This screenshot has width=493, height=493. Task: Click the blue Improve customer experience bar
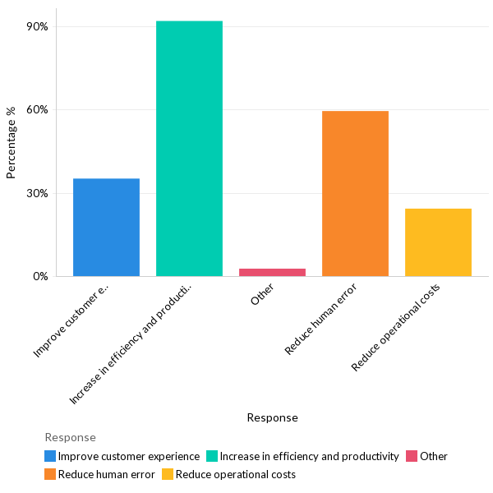(x=106, y=227)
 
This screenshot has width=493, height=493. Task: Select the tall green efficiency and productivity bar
(x=189, y=148)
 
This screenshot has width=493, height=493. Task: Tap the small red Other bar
(x=272, y=272)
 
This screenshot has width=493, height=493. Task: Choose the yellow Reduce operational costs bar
(x=438, y=242)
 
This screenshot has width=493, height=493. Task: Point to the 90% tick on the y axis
(x=38, y=26)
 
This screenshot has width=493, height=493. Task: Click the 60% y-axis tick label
(x=38, y=110)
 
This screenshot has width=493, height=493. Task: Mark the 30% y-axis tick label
(x=38, y=194)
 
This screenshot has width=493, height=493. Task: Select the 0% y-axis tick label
(x=40, y=277)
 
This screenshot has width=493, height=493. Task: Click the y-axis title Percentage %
(x=12, y=148)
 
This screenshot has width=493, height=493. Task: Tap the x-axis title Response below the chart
(x=272, y=417)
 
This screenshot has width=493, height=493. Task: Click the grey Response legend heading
(x=70, y=437)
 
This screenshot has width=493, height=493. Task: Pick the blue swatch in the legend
(x=51, y=456)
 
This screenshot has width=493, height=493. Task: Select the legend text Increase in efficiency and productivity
(x=309, y=456)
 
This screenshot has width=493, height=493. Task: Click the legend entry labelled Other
(x=434, y=456)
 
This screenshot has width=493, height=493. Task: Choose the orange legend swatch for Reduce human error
(x=51, y=474)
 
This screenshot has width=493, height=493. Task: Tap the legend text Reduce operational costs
(x=236, y=474)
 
